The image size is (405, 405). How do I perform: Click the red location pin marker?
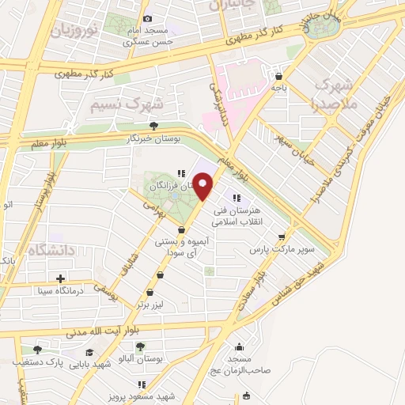click(x=204, y=187)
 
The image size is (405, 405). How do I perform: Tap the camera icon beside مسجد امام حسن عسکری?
click(x=147, y=19)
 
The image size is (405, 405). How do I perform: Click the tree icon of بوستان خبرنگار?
click(x=153, y=125)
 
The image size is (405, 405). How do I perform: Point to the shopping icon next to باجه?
click(x=278, y=77)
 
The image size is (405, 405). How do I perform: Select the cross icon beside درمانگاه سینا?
click(x=60, y=278)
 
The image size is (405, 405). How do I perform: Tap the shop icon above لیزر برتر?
click(x=161, y=275)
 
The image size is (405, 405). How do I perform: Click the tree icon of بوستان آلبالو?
click(x=140, y=346)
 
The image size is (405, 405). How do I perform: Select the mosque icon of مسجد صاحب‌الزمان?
click(x=239, y=346)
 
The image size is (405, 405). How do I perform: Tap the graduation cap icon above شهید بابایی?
click(x=89, y=353)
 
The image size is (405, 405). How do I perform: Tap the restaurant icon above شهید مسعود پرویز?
click(x=142, y=384)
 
